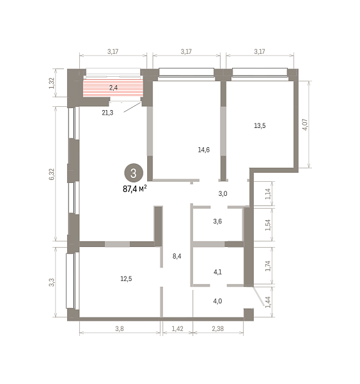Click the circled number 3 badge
[134, 173]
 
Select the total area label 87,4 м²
[135, 189]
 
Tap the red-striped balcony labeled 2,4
[113, 88]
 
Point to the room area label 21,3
[107, 113]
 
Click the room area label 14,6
[203, 150]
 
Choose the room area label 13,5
[260, 125]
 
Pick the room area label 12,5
[126, 278]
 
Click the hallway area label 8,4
[177, 256]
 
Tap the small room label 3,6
[217, 221]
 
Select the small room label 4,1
[217, 272]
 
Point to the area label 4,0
[217, 301]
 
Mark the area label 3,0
[223, 194]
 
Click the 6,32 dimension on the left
[52, 174]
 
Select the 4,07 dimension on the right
[305, 124]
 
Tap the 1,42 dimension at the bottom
[177, 328]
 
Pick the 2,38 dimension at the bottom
[218, 328]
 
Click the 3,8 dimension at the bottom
[120, 328]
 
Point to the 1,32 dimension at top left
[51, 83]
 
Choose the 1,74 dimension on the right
[268, 266]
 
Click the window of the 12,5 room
[71, 281]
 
